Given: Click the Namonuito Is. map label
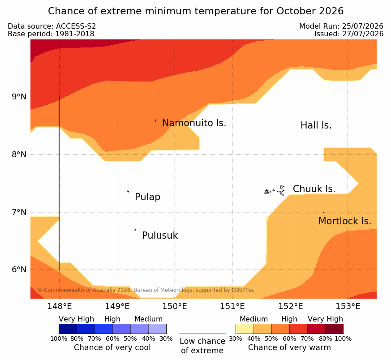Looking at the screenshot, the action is click(x=194, y=123).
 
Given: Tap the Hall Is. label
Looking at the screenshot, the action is click(x=316, y=125).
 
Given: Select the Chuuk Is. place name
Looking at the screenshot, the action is click(x=314, y=189).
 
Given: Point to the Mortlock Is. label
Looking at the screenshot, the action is click(x=345, y=221).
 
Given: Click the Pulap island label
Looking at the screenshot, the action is click(x=147, y=197).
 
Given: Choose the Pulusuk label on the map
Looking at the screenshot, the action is click(x=160, y=236).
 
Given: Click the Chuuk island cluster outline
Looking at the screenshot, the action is click(x=275, y=191).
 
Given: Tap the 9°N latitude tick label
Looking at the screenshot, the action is click(x=19, y=97).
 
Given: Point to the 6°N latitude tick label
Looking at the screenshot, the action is click(x=19, y=270).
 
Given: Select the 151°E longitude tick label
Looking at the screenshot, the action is click(x=232, y=306).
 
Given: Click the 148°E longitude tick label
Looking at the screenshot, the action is click(x=60, y=306).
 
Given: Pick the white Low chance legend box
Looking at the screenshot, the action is click(x=202, y=329).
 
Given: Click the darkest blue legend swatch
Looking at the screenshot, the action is click(x=68, y=329).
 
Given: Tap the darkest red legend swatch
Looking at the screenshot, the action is click(x=334, y=329).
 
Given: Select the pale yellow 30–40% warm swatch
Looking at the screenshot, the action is click(x=245, y=329).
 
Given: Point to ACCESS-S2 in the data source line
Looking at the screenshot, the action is click(x=76, y=26).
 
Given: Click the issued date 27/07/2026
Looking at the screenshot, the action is click(x=363, y=34).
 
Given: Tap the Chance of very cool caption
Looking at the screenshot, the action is click(x=112, y=347).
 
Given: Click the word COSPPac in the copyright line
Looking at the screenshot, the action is click(x=243, y=290).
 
